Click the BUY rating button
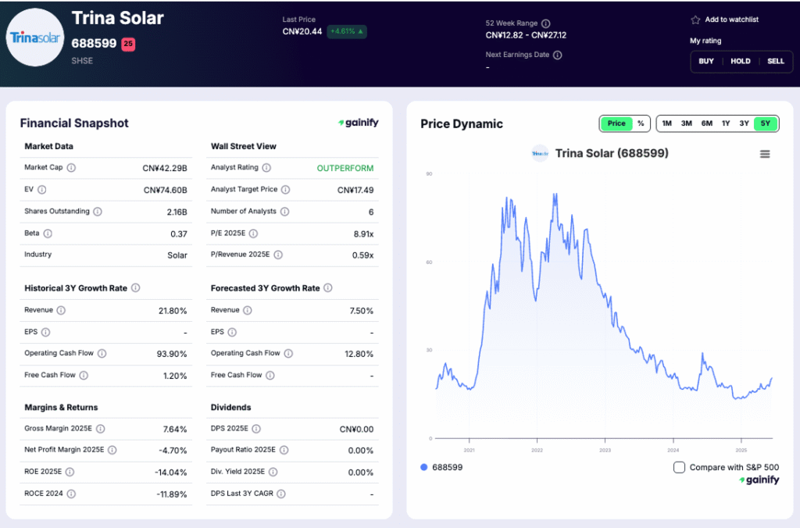[x=705, y=61]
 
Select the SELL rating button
[x=775, y=61]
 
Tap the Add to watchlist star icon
[x=695, y=20]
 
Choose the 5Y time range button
[x=765, y=123]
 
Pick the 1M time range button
[x=666, y=123]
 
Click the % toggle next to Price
[x=641, y=123]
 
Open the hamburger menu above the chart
[x=765, y=154]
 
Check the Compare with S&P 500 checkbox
[x=679, y=467]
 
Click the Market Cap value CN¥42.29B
[x=165, y=168]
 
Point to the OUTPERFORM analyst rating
[x=345, y=168]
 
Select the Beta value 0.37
[x=179, y=234]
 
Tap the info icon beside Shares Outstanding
[x=97, y=211]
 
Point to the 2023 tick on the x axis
[x=605, y=450]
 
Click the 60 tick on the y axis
[x=429, y=262]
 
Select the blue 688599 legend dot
[x=424, y=467]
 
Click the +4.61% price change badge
[x=347, y=32]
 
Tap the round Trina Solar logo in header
[x=34, y=37]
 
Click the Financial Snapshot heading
[x=74, y=123]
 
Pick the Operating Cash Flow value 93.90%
[x=172, y=354]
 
